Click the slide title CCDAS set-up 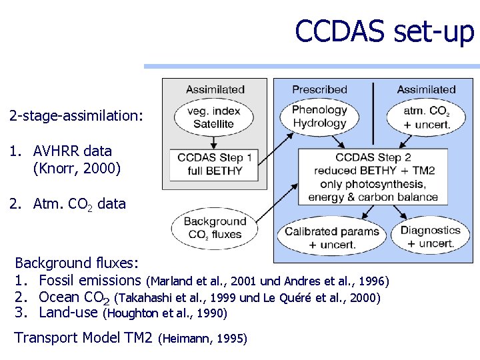click(x=384, y=31)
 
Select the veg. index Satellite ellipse click(x=213, y=117)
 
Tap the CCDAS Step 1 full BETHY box click(x=214, y=164)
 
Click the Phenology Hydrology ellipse click(x=319, y=117)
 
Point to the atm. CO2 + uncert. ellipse click(x=426, y=117)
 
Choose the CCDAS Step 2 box click(x=373, y=177)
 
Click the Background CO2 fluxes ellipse click(x=215, y=228)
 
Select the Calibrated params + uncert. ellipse click(x=331, y=237)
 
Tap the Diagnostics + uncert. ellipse click(x=430, y=237)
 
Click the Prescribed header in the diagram click(x=319, y=89)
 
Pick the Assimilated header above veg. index click(x=215, y=89)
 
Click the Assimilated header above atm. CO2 click(x=426, y=89)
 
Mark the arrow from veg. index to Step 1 click(x=213, y=141)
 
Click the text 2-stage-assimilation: click(x=76, y=116)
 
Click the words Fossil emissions click(x=91, y=280)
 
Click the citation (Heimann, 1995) click(x=203, y=339)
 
